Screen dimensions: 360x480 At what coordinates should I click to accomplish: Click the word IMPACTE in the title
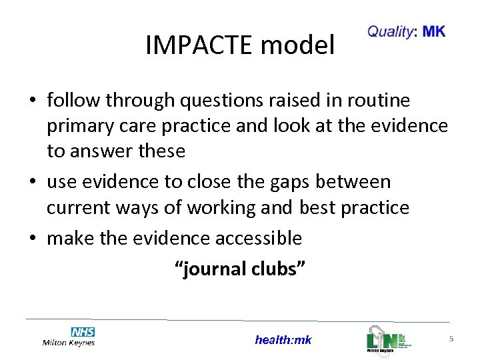[x=200, y=45]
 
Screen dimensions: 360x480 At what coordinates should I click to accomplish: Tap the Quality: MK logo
[x=406, y=32]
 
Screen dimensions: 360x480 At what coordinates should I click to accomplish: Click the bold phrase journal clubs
[x=240, y=269]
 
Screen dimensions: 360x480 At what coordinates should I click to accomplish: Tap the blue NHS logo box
[x=83, y=331]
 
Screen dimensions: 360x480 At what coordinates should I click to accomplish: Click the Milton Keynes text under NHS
[x=69, y=343]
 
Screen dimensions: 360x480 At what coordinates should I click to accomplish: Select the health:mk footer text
[x=283, y=340]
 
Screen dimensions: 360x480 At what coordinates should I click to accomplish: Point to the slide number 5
[x=451, y=339]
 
